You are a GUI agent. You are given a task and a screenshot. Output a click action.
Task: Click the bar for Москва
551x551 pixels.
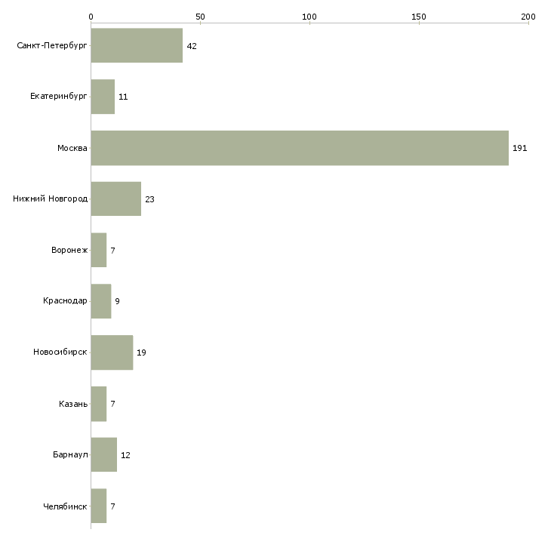coord(300,148)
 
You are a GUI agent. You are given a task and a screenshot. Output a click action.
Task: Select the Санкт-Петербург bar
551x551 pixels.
coord(137,45)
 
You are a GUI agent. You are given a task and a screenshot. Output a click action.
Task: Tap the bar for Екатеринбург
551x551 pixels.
coord(103,97)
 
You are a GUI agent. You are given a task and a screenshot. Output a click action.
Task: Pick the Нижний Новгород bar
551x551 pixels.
coord(116,199)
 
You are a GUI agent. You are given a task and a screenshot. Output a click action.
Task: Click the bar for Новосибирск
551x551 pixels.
coord(112,352)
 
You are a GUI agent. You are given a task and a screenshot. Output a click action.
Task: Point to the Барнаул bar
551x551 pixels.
coord(104,454)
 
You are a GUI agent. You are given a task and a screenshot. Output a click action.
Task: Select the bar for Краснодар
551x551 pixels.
coord(101,301)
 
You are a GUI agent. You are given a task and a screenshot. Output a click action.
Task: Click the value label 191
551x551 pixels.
coord(520,148)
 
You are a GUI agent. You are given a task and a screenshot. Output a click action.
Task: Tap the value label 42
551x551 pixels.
coord(192,46)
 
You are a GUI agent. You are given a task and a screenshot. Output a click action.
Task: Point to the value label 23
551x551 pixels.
coord(149,199)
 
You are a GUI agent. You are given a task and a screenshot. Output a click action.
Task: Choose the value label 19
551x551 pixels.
coord(141,352)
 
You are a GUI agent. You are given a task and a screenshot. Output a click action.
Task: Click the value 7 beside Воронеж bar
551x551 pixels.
coord(112,251)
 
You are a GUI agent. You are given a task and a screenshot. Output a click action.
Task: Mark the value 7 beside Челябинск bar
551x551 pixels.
coord(112,506)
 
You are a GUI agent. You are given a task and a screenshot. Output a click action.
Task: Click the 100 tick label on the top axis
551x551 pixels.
coord(309,17)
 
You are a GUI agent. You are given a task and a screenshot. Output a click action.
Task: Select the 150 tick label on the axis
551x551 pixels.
coord(418,17)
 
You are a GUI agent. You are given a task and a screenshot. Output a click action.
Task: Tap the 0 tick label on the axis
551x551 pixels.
coord(91,17)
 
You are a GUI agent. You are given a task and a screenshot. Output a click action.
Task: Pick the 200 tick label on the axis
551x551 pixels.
coord(528,17)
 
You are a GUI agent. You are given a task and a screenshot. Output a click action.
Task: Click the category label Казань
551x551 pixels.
coord(73,404)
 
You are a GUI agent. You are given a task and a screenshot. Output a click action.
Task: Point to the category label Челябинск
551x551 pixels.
coord(65,506)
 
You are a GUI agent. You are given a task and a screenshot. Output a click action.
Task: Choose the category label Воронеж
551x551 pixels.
coord(69,250)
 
